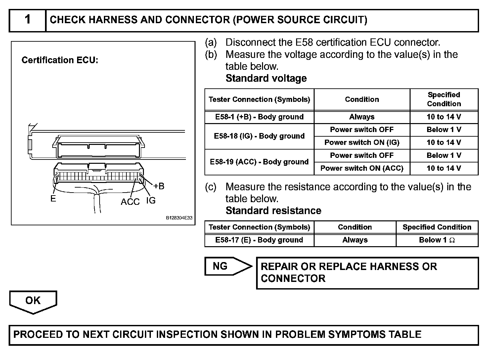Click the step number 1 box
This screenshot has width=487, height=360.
(x=27, y=20)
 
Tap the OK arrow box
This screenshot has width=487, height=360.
(x=33, y=301)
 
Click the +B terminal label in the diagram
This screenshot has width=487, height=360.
(x=159, y=186)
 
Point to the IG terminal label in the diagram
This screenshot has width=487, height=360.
(x=151, y=201)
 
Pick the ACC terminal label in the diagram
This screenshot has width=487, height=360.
(x=130, y=202)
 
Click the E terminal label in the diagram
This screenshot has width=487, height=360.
(x=53, y=199)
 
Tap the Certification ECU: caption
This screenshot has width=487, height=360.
(x=60, y=60)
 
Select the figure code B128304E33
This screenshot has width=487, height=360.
(x=179, y=218)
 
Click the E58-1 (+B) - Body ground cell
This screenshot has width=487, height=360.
(x=259, y=117)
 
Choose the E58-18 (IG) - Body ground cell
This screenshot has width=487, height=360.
(x=259, y=136)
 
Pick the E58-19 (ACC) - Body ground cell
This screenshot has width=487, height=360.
(x=259, y=162)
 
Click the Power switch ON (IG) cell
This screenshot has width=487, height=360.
(x=362, y=143)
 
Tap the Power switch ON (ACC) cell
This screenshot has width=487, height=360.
(x=362, y=168)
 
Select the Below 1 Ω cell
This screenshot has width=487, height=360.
(x=437, y=240)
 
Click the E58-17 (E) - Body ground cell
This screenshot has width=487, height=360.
(x=259, y=240)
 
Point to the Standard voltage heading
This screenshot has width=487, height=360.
(x=266, y=78)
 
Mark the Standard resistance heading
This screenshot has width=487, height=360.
(x=273, y=211)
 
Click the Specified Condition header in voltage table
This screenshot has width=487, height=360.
(x=444, y=99)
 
